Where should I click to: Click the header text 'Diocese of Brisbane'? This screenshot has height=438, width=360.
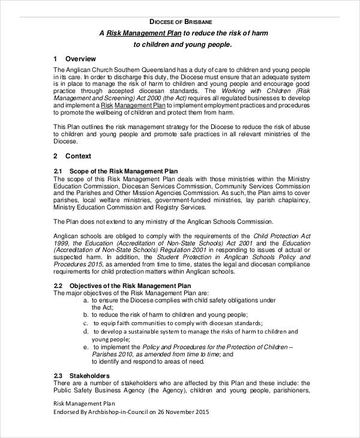[180, 21]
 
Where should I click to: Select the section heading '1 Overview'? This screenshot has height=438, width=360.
[74, 59]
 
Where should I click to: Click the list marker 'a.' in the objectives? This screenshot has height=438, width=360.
[86, 299]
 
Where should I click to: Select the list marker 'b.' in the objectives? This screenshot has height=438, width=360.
[86, 314]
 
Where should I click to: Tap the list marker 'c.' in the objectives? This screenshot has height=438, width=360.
[86, 322]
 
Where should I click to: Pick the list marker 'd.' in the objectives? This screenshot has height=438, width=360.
[86, 331]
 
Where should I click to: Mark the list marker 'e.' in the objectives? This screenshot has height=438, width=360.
[86, 347]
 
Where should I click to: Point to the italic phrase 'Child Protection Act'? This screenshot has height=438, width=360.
[281, 236]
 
